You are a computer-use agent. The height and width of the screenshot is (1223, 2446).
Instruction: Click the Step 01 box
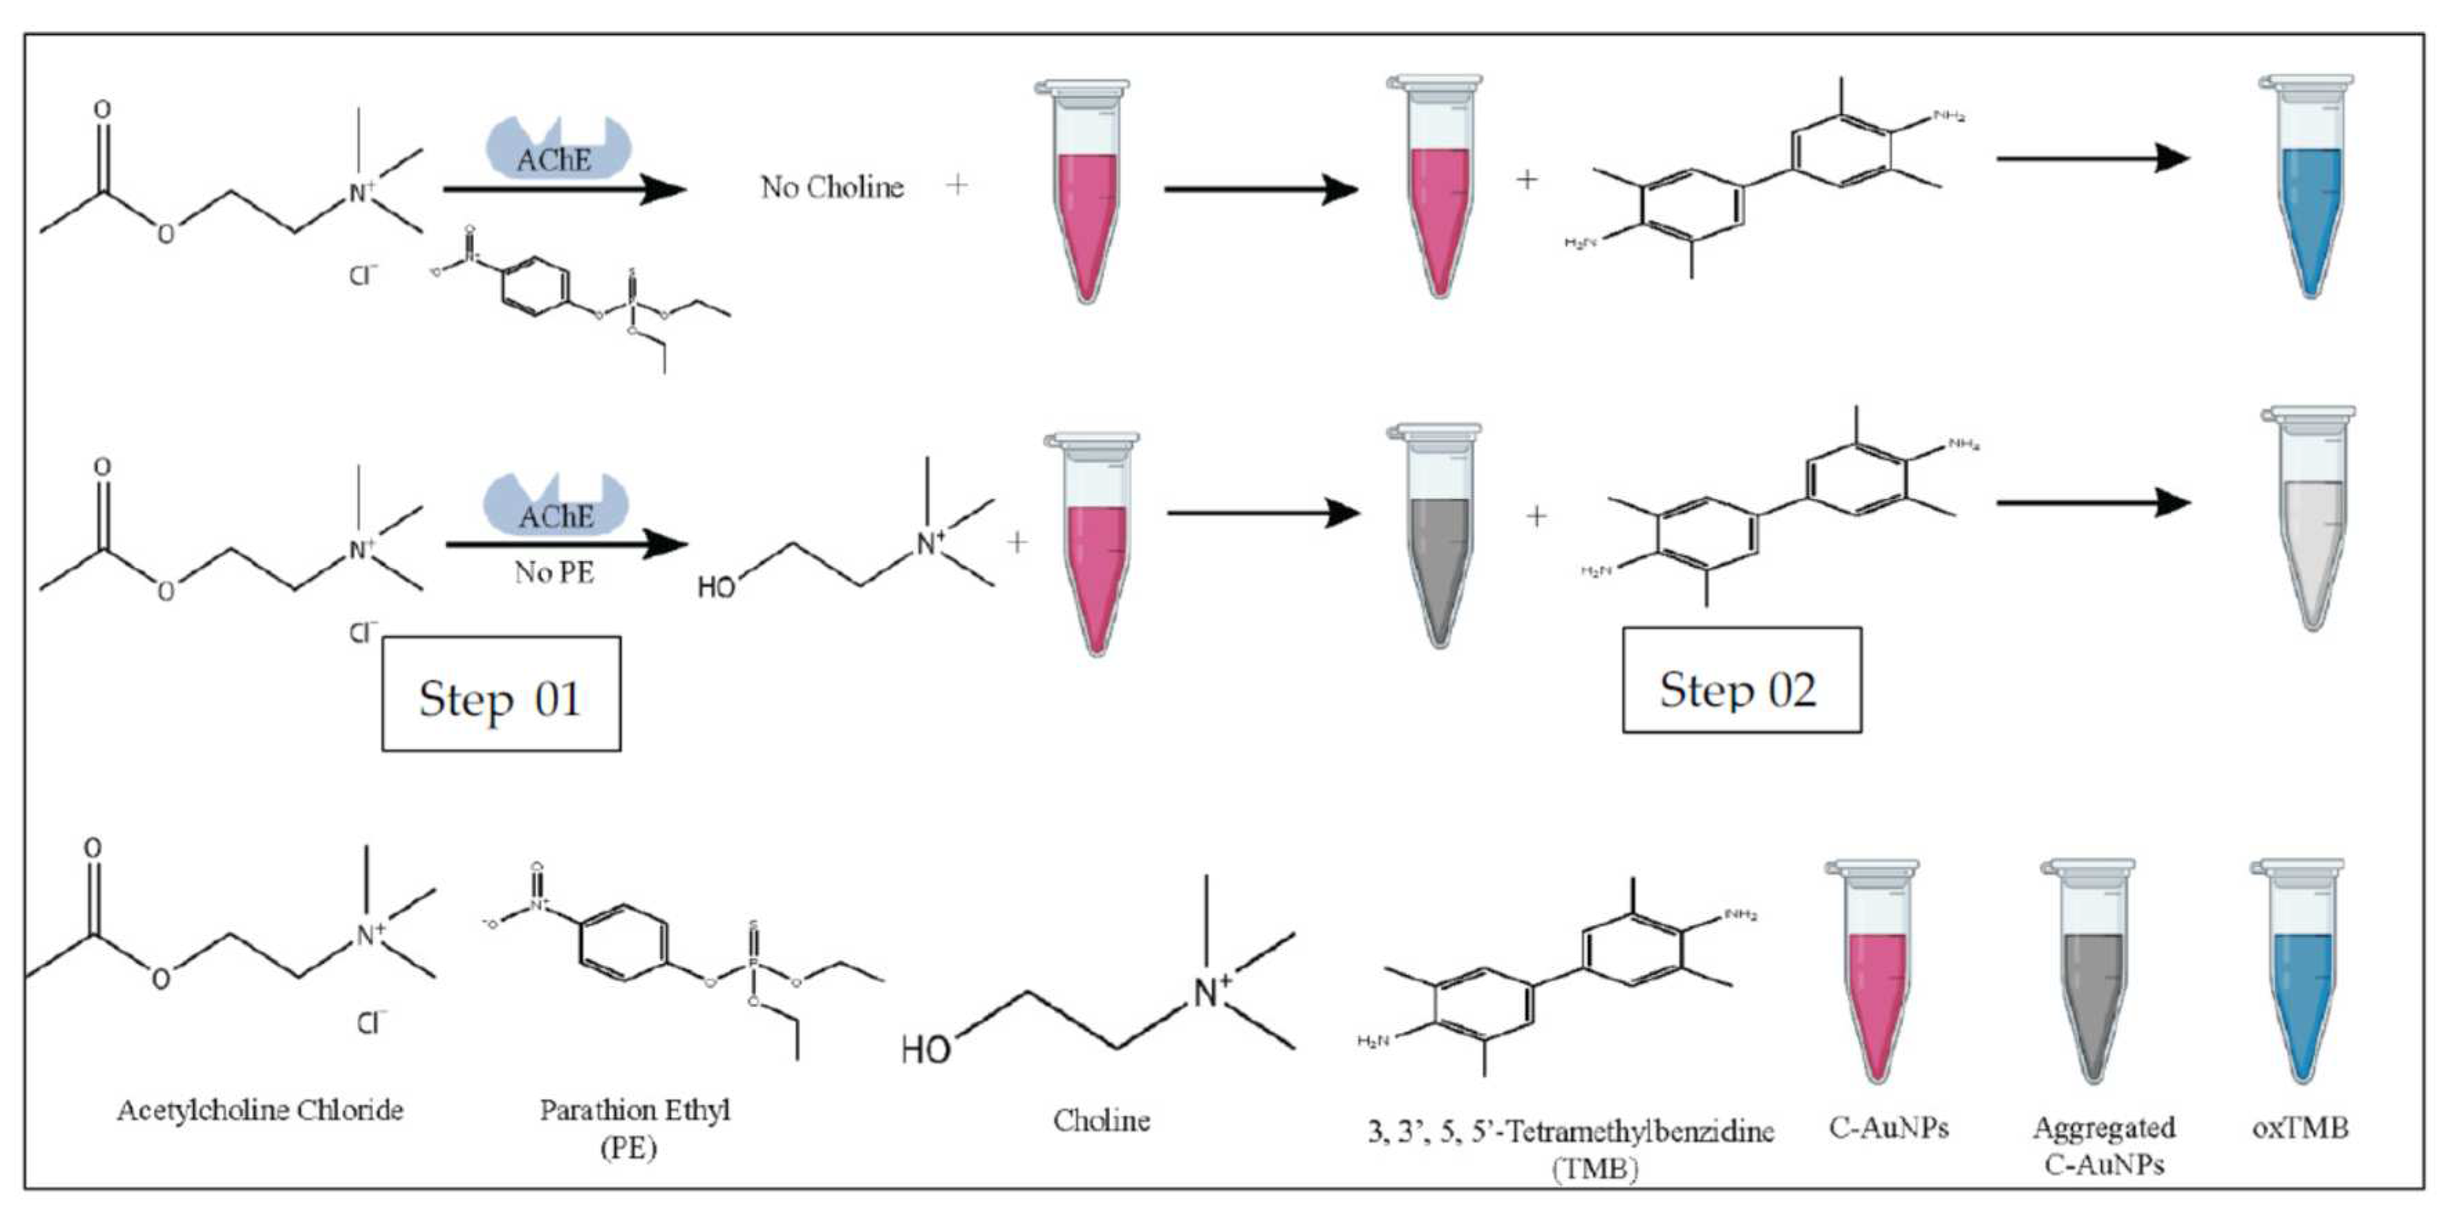coord(500,694)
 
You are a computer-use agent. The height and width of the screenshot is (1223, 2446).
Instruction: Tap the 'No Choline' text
coord(831,187)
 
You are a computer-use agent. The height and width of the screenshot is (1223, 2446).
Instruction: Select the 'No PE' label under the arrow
coord(554,573)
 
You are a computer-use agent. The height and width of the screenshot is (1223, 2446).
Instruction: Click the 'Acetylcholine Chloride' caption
coord(260,1110)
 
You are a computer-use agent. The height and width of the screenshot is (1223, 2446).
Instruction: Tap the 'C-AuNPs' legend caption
coord(1888,1128)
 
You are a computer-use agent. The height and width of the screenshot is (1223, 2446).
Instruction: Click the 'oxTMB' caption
coord(2299,1128)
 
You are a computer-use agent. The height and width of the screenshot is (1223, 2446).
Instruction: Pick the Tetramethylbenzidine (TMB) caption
coord(1570,1148)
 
